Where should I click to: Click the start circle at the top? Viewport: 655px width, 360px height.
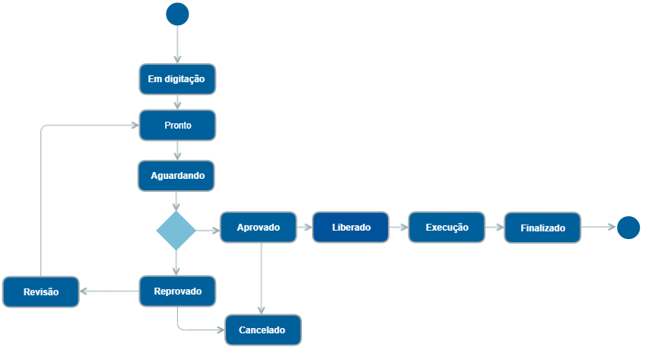click(177, 14)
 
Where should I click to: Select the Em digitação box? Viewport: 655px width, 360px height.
click(177, 79)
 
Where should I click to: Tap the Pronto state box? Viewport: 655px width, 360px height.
click(177, 126)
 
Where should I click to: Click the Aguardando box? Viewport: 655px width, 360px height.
click(177, 176)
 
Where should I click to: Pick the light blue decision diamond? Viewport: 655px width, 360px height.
click(176, 231)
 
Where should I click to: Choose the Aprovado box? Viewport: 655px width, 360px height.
click(259, 228)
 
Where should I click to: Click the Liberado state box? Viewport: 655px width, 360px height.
click(351, 228)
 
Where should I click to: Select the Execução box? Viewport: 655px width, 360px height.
click(447, 228)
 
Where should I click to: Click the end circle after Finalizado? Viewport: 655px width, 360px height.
click(628, 228)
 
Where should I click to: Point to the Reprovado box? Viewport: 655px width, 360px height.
click(177, 292)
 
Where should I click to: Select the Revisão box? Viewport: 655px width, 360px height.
click(41, 292)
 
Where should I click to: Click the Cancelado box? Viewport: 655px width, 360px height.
click(262, 330)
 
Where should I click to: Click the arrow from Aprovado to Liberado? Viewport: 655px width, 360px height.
click(304, 228)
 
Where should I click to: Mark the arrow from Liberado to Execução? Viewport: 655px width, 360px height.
click(399, 228)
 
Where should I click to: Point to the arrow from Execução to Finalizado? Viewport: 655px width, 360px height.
click(494, 228)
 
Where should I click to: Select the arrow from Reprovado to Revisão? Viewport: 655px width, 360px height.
click(110, 291)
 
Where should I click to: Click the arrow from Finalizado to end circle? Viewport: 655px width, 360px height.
click(599, 227)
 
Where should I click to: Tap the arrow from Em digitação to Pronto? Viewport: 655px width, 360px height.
click(177, 102)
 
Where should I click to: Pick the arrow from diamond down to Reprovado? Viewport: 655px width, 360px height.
click(176, 263)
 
